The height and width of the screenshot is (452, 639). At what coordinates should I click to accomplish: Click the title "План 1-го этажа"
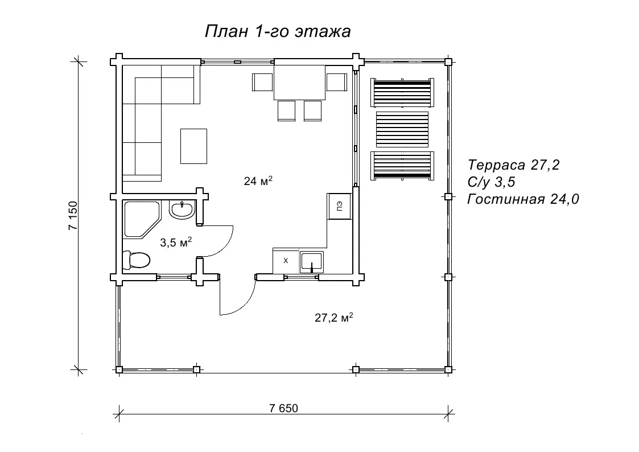[x=278, y=31]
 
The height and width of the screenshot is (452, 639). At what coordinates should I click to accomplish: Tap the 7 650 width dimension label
[x=283, y=408]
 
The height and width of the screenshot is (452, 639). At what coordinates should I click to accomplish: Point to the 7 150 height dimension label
[x=73, y=216]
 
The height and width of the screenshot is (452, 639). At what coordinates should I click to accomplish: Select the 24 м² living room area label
[x=258, y=180]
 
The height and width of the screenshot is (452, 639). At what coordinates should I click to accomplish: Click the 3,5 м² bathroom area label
[x=176, y=243]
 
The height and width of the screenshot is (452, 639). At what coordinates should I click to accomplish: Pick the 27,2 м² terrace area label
[x=334, y=317]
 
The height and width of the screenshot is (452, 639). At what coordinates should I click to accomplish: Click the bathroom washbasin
[x=182, y=210]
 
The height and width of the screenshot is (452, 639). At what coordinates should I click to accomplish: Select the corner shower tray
[x=142, y=219]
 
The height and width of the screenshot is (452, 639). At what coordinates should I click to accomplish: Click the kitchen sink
[x=312, y=262]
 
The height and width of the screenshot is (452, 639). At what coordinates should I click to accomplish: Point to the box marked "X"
[x=286, y=261]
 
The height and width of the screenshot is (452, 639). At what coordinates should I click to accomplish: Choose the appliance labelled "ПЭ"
[x=339, y=206]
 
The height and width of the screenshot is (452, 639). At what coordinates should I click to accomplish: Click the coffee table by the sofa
[x=193, y=146]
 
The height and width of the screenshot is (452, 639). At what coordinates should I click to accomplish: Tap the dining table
[x=299, y=83]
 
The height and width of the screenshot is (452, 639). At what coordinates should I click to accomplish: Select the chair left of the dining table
[x=262, y=82]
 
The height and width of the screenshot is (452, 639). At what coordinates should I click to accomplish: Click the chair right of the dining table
[x=337, y=82]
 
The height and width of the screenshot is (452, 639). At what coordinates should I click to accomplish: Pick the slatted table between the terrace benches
[x=402, y=129]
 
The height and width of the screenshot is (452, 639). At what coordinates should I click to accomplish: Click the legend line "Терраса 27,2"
[x=513, y=165]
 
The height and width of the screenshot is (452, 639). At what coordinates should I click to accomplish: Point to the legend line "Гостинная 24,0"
[x=523, y=199]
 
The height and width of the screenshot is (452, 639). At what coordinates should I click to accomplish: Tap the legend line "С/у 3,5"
[x=492, y=182]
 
